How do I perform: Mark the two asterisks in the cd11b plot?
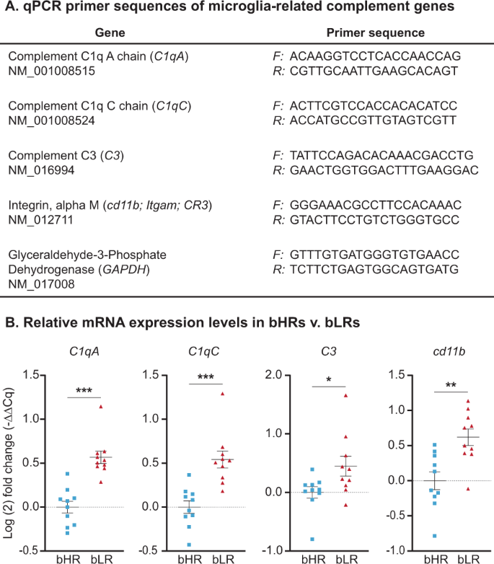tap(451, 386)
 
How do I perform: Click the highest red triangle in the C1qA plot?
tap(101, 407)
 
